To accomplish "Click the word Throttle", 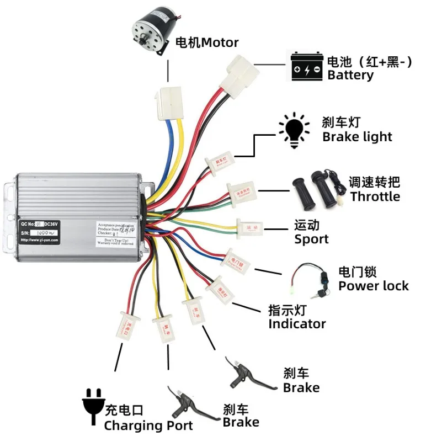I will point(375,196).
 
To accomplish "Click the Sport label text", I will point(311,239).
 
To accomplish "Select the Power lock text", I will point(374,285).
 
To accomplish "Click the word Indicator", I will point(297,324).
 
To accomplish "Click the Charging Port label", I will point(148,425).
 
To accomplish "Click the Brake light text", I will point(357,137).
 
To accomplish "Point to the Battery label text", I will point(350,75).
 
